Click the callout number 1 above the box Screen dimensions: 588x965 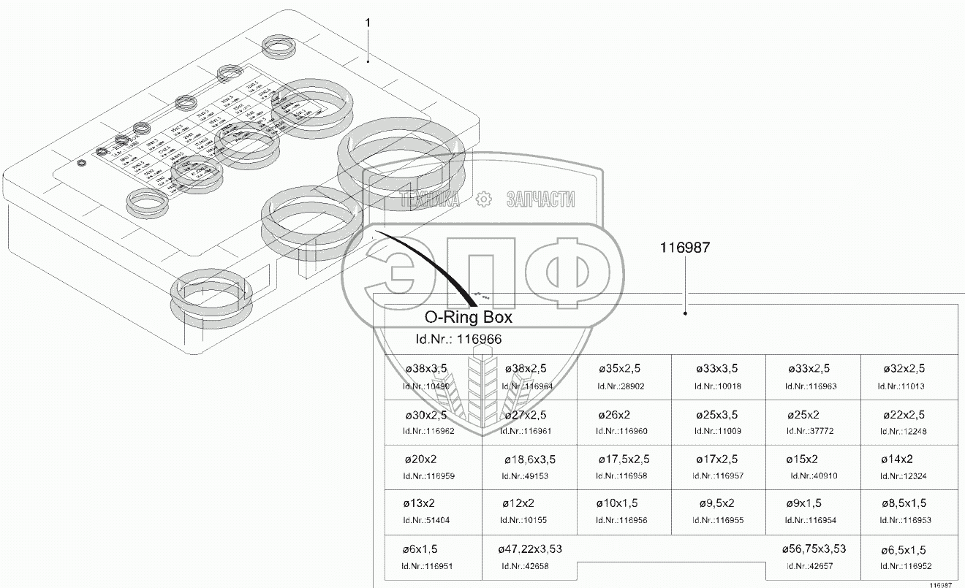tap(368, 23)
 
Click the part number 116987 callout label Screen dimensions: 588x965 tap(685, 248)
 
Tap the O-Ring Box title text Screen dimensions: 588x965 tap(469, 318)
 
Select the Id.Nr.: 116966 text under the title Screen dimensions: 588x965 tap(458, 339)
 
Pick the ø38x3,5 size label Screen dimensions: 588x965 tap(425, 369)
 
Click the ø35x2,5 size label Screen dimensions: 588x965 tap(620, 369)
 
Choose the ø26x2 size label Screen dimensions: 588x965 tap(614, 414)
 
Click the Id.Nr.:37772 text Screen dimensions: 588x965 tap(809, 431)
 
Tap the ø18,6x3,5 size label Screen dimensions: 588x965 tap(530, 459)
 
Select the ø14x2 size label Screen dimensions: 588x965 tap(897, 459)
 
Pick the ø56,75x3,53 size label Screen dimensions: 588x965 tap(814, 549)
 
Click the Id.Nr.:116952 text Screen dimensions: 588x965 tap(904, 566)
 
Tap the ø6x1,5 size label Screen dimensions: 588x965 tap(420, 549)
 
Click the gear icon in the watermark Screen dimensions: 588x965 tap(482, 198)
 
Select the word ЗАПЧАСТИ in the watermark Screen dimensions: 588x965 tap(540, 199)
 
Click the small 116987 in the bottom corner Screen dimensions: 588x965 tap(941, 584)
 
